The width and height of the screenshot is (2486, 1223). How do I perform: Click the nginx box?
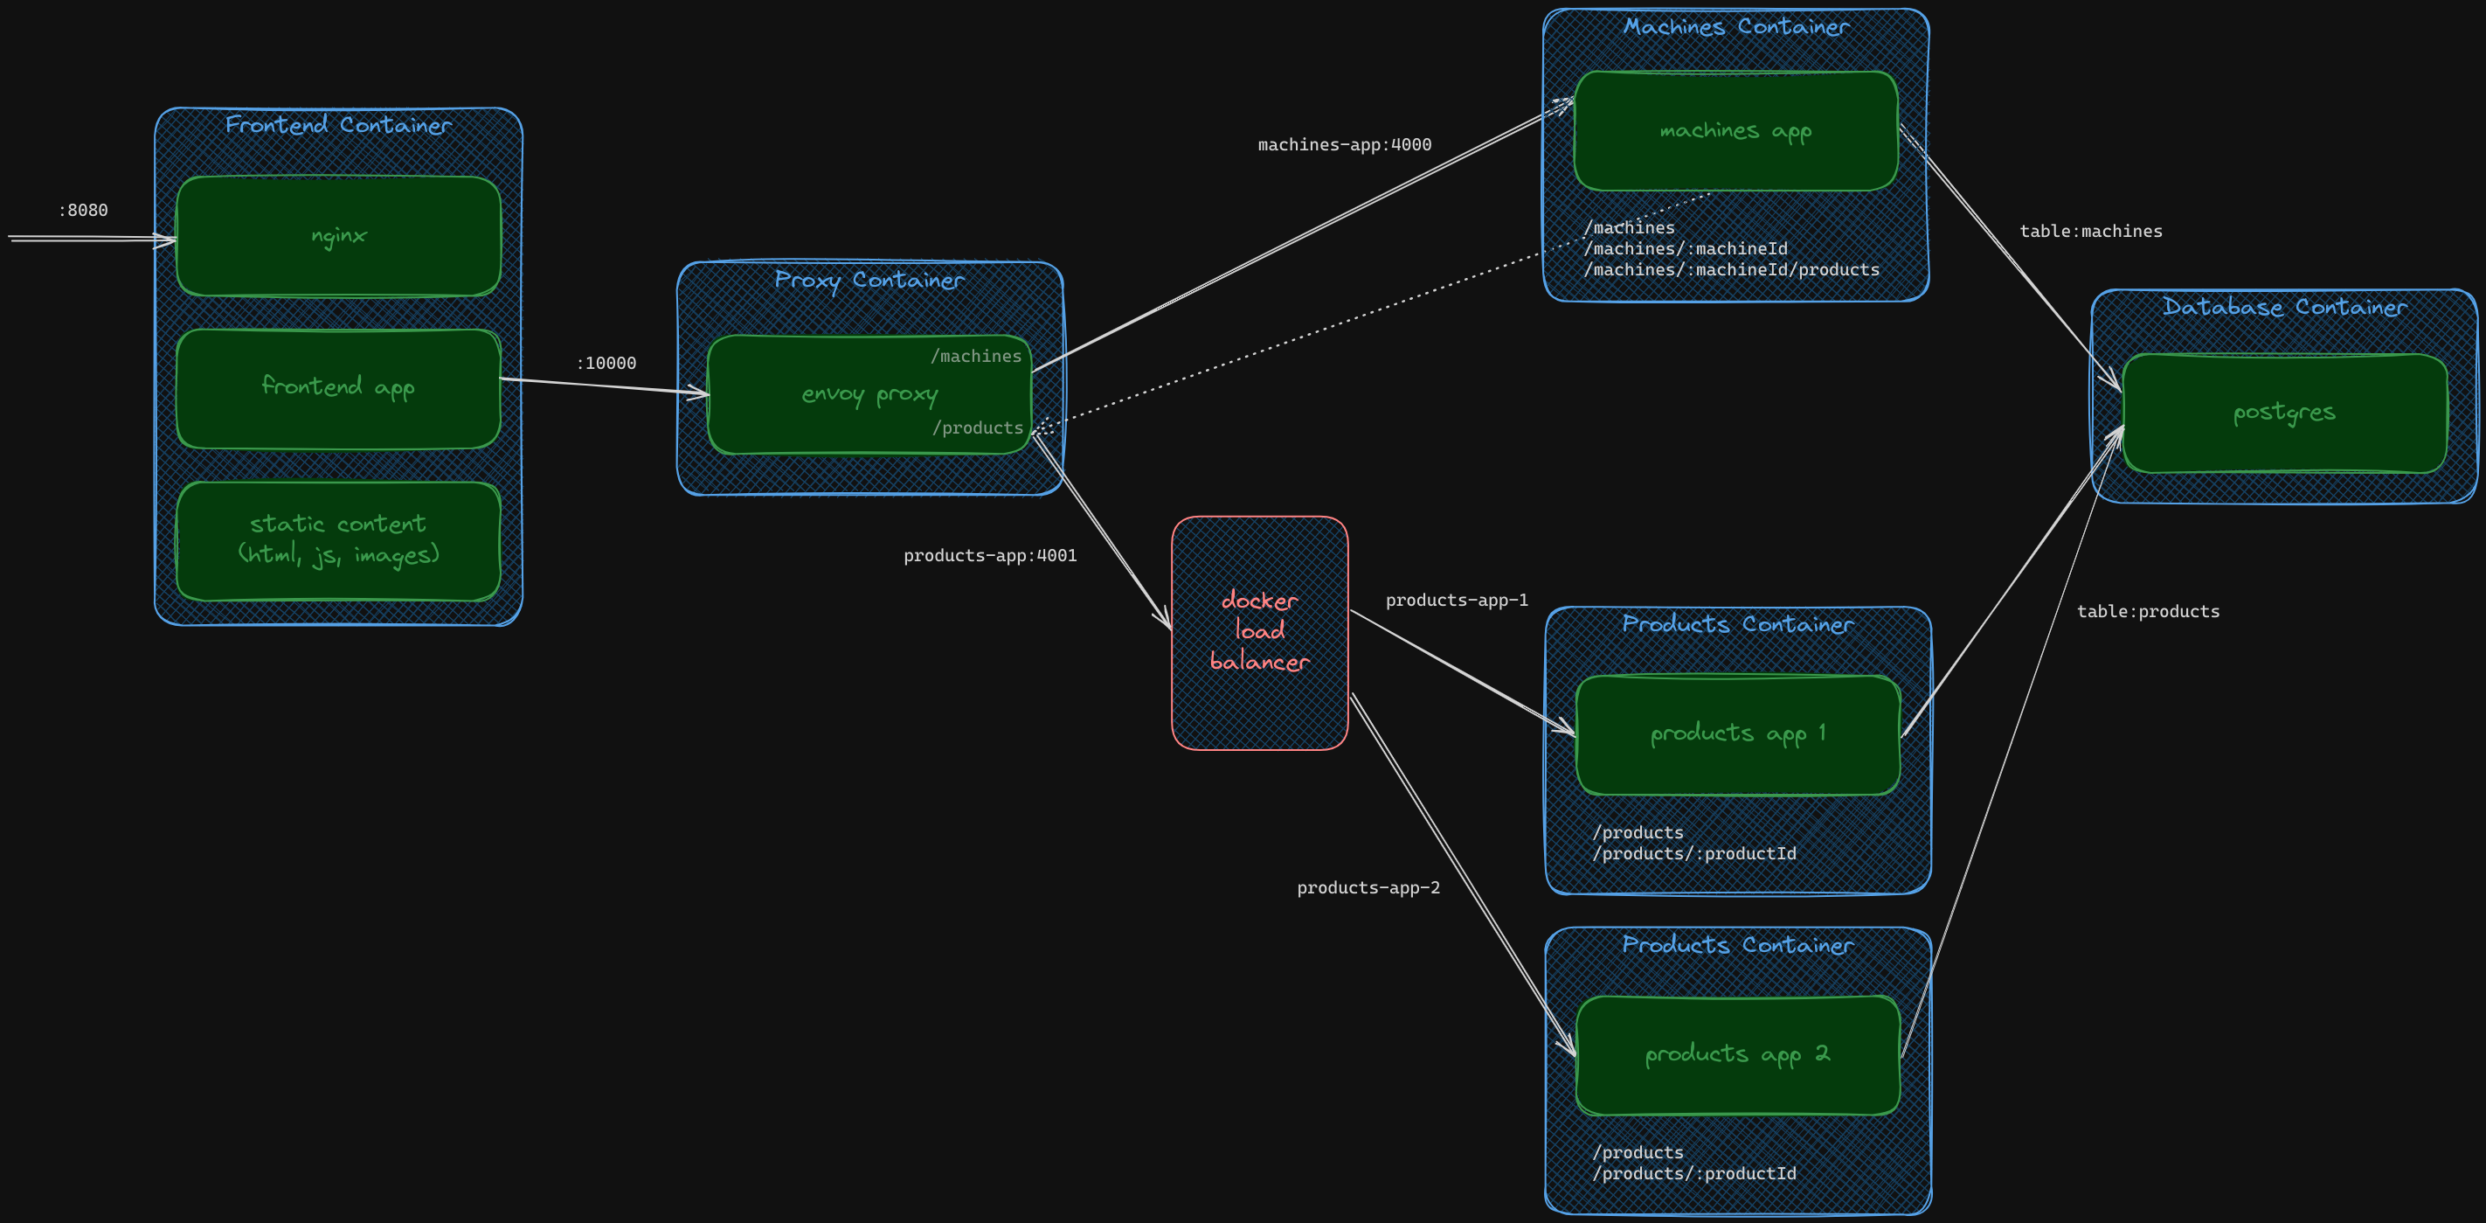pos(338,235)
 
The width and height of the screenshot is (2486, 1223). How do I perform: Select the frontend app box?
pos(338,388)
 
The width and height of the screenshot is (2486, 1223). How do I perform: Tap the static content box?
pos(338,539)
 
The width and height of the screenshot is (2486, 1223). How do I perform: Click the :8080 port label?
pos(83,211)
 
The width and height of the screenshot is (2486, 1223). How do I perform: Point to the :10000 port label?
pos(606,363)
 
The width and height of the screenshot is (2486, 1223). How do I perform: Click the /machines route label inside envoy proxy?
pos(976,356)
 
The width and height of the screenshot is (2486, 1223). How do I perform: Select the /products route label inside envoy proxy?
pos(978,427)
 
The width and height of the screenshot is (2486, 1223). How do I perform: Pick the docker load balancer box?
pos(1258,632)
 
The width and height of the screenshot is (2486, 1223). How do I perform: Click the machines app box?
pos(1735,130)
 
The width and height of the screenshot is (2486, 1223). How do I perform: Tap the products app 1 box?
pos(1737,733)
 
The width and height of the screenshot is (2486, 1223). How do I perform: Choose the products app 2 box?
pos(1737,1054)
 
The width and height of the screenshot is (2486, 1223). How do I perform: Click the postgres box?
pos(2283,413)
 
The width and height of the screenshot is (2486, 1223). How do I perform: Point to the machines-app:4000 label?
pos(1344,145)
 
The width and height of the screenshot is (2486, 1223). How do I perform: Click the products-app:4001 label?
pos(989,555)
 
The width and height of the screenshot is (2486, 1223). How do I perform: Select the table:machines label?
pos(2090,232)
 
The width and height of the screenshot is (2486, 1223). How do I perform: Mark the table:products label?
pos(2147,611)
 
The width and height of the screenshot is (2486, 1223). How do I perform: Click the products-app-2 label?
pos(1368,888)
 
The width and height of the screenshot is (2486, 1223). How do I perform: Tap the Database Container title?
pos(2283,307)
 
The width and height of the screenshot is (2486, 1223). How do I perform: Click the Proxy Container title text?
pos(869,280)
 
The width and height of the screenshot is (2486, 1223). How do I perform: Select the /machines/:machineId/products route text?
pos(1731,270)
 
